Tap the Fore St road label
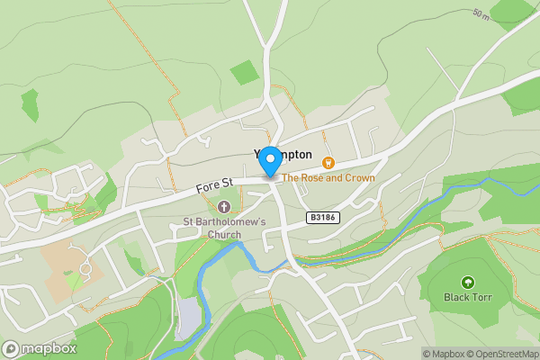[x=214, y=185]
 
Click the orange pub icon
[x=328, y=162]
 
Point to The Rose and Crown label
[x=328, y=178]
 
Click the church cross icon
[x=224, y=207]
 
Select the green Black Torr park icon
[x=467, y=283]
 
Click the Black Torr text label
[x=467, y=297]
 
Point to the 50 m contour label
[x=481, y=13]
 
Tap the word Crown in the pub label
[x=357, y=178]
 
